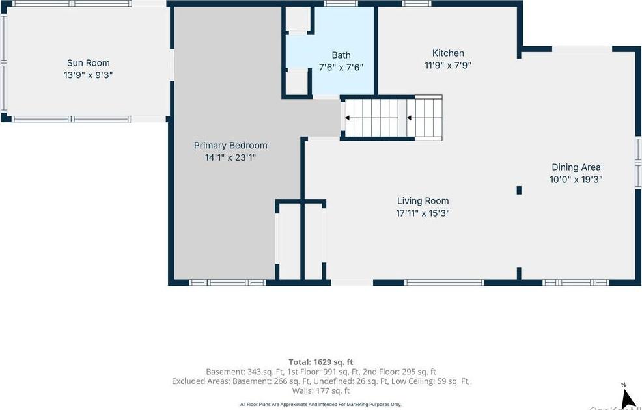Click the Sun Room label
(x=88, y=63)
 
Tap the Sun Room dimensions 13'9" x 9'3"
(x=88, y=75)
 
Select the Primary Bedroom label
(x=230, y=146)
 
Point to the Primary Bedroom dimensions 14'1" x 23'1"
(x=230, y=157)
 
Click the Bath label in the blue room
(x=341, y=55)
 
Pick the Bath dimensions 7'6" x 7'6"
(x=341, y=67)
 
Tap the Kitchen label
(x=448, y=53)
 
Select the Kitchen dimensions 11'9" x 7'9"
(x=448, y=65)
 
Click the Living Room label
(x=423, y=201)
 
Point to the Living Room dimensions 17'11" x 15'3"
(x=423, y=213)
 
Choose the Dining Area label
(x=576, y=167)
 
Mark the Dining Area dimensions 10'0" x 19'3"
(x=576, y=179)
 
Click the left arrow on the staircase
(x=348, y=118)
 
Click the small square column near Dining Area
(x=519, y=190)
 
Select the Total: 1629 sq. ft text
(x=321, y=362)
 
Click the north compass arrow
(x=628, y=397)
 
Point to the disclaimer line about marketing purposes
(x=321, y=405)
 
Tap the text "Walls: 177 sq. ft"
(x=321, y=391)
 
